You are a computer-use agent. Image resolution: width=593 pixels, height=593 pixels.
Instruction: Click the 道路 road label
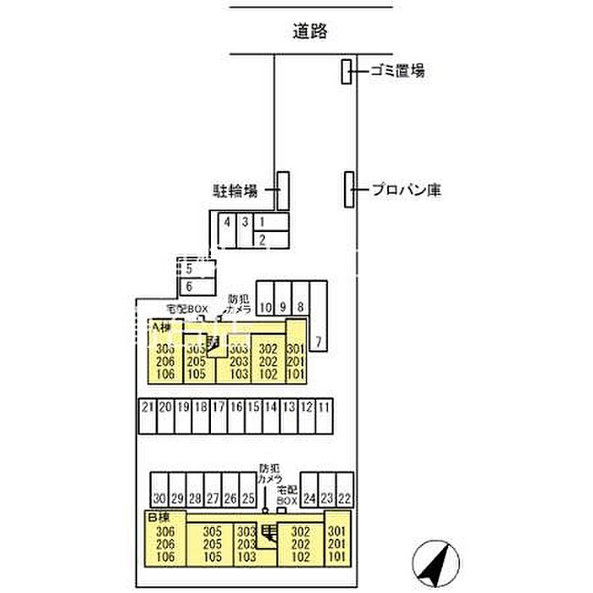coord(309,31)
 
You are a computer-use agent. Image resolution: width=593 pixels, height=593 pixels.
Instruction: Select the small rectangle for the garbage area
coord(346,72)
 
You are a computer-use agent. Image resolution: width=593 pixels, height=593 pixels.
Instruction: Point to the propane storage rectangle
coord(348,189)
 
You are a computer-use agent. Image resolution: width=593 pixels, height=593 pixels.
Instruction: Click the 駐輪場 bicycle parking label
coord(234,191)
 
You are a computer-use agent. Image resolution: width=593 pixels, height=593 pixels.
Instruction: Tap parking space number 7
coord(319,342)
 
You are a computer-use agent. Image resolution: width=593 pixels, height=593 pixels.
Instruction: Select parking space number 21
coord(147,407)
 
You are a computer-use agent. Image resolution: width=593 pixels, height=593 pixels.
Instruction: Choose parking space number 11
coord(323,407)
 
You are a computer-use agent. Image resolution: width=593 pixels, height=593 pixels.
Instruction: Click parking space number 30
coord(159,499)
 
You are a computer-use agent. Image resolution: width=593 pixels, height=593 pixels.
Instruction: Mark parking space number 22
coord(344,499)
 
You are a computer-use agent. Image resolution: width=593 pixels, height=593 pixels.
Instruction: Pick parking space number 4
coord(226,222)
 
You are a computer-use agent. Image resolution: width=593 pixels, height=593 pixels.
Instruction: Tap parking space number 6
coord(188,285)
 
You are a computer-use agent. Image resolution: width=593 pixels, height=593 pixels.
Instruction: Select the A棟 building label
coord(161,326)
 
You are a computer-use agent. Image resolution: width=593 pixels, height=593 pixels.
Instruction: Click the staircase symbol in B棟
coord(268,533)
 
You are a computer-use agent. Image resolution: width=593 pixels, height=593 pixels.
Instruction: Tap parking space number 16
coord(235,407)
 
